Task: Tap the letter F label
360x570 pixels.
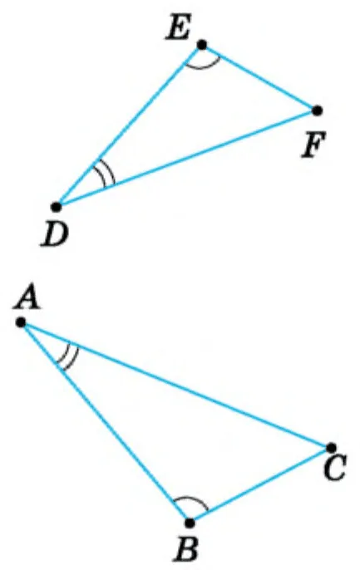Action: (x=314, y=145)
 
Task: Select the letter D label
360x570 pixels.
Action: (x=55, y=233)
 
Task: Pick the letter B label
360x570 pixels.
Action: (x=186, y=548)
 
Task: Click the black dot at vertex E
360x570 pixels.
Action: (x=202, y=45)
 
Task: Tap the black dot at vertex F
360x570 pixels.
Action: (x=317, y=111)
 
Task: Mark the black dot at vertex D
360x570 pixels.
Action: (x=56, y=207)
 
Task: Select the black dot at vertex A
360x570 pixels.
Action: (x=21, y=322)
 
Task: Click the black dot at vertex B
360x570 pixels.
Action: (x=190, y=523)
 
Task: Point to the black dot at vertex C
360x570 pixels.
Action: (x=331, y=447)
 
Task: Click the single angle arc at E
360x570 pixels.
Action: (x=202, y=67)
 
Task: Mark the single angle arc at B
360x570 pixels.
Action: (x=190, y=497)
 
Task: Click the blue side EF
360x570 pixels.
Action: (x=259, y=77)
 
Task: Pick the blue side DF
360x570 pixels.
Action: (x=186, y=159)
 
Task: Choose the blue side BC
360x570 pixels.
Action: (x=260, y=485)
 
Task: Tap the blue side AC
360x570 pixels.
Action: (x=175, y=385)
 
